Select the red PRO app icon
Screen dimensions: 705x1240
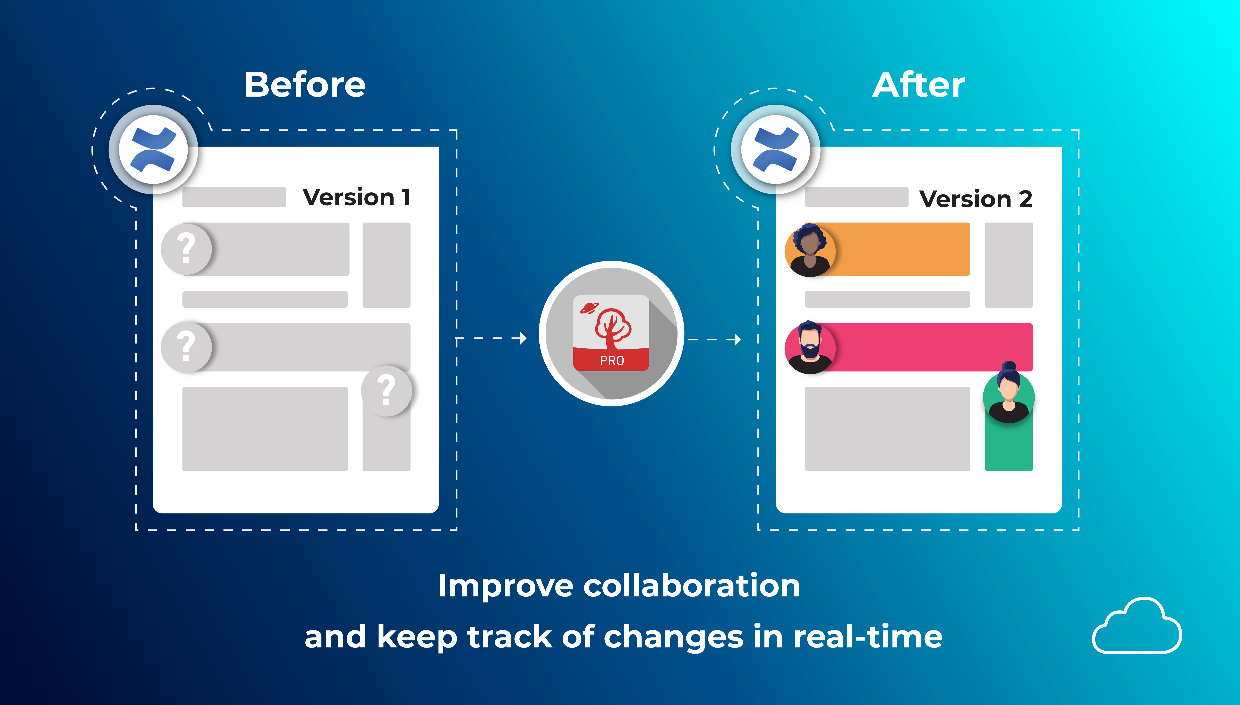click(611, 333)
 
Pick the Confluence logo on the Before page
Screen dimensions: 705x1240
click(153, 150)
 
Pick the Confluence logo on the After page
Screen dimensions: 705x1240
click(775, 150)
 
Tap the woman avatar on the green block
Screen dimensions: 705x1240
click(1008, 395)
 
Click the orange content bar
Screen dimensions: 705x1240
click(901, 249)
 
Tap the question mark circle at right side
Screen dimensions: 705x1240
click(386, 391)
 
